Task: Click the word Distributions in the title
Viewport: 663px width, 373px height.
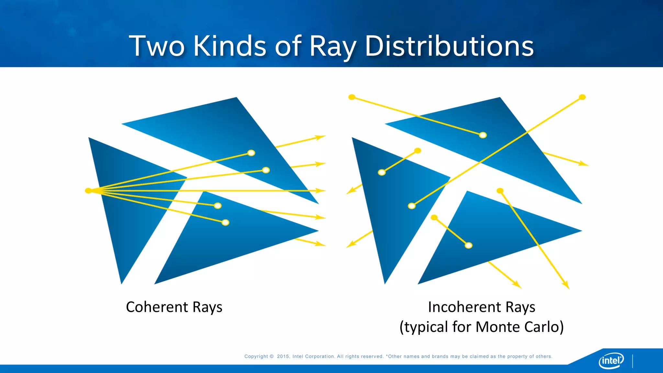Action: point(449,46)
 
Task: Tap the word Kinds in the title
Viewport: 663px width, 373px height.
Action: point(230,46)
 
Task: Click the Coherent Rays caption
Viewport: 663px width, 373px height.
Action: point(174,307)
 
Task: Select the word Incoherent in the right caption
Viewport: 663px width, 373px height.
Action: point(464,307)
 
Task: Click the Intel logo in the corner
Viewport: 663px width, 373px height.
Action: point(611,360)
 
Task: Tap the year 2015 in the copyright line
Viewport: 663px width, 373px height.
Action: point(283,356)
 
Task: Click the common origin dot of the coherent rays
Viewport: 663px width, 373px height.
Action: point(88,191)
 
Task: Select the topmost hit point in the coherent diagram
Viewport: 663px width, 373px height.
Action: point(251,153)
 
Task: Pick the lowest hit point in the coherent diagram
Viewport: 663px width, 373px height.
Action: point(225,222)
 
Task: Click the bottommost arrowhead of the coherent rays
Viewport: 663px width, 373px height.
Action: point(321,244)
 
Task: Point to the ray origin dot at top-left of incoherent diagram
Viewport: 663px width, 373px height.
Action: point(352,97)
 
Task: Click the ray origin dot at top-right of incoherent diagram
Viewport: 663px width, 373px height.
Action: point(582,97)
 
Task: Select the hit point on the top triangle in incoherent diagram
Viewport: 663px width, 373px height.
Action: point(483,135)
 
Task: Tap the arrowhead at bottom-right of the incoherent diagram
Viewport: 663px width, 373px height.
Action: point(566,285)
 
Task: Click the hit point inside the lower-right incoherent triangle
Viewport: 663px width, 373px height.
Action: point(468,245)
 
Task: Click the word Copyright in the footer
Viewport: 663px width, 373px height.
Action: point(256,356)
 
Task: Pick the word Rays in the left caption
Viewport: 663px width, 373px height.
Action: point(207,307)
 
